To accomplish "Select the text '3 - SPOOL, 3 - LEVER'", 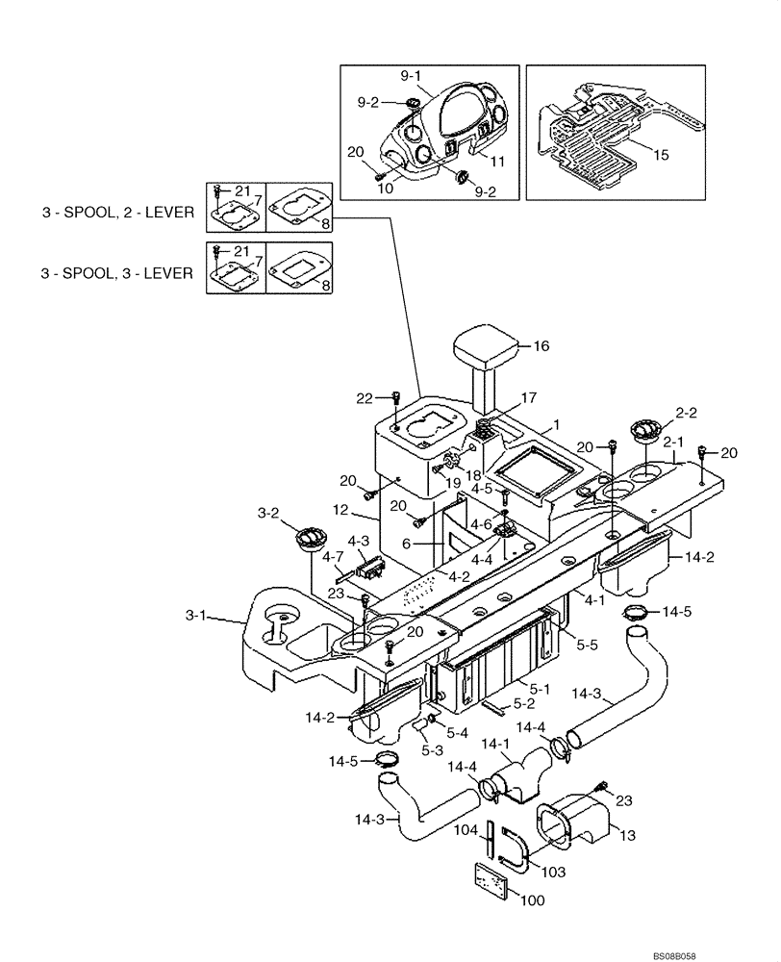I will coord(116,273).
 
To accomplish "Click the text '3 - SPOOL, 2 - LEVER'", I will coord(116,214).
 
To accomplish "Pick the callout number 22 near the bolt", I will coord(363,398).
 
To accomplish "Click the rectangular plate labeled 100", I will coord(498,880).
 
